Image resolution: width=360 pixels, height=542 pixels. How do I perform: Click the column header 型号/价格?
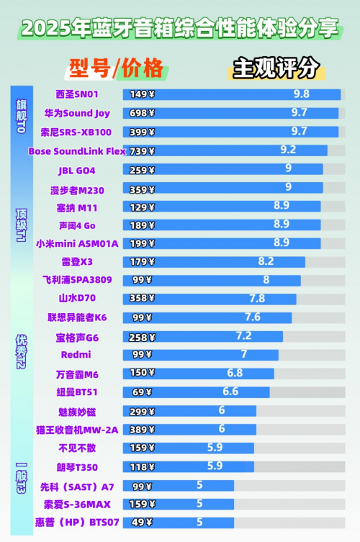(116, 68)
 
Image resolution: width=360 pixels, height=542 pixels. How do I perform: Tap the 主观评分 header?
(275, 68)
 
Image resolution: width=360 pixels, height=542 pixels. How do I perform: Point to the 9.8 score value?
(301, 94)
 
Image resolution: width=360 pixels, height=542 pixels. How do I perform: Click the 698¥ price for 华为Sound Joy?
(141, 113)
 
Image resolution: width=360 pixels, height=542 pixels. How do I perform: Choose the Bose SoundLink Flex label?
(76, 151)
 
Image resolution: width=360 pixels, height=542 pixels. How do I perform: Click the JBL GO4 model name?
(76, 171)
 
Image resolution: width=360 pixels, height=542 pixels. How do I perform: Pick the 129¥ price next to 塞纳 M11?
(141, 207)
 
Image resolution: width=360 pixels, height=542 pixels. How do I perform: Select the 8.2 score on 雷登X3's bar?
(266, 261)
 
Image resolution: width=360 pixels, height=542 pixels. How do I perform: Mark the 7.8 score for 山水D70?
(257, 298)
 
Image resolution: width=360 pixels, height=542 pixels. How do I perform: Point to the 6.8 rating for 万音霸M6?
(235, 373)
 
